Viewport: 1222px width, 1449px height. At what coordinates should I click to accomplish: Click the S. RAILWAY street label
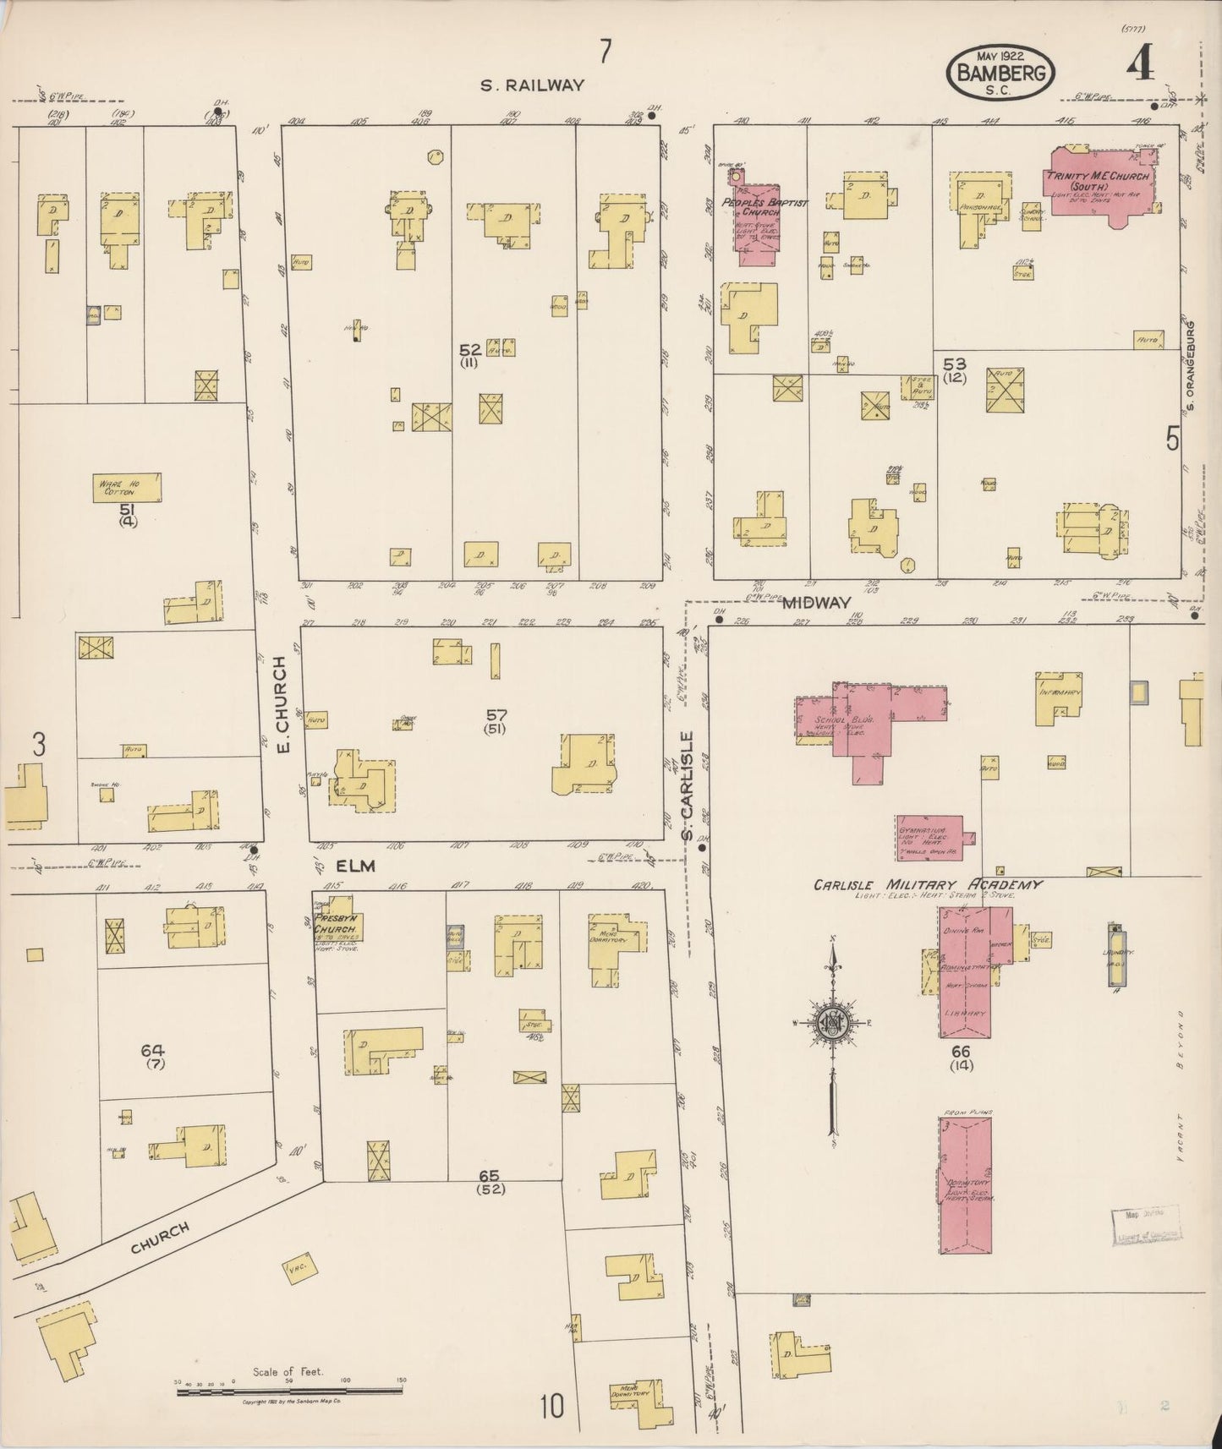pos(532,85)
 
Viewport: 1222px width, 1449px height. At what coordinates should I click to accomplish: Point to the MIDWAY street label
pos(816,602)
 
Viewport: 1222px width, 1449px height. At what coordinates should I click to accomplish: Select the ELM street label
pos(355,866)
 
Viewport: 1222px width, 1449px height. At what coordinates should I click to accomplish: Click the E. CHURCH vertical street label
pos(283,706)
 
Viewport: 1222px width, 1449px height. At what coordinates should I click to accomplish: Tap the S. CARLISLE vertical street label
pos(688,786)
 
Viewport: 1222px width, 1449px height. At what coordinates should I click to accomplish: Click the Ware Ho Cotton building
pos(127,488)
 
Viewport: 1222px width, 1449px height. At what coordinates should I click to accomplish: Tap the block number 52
pos(470,349)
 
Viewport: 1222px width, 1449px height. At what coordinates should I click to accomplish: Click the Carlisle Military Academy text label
pos(927,885)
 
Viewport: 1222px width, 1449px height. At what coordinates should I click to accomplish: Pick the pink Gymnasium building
pos(929,837)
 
